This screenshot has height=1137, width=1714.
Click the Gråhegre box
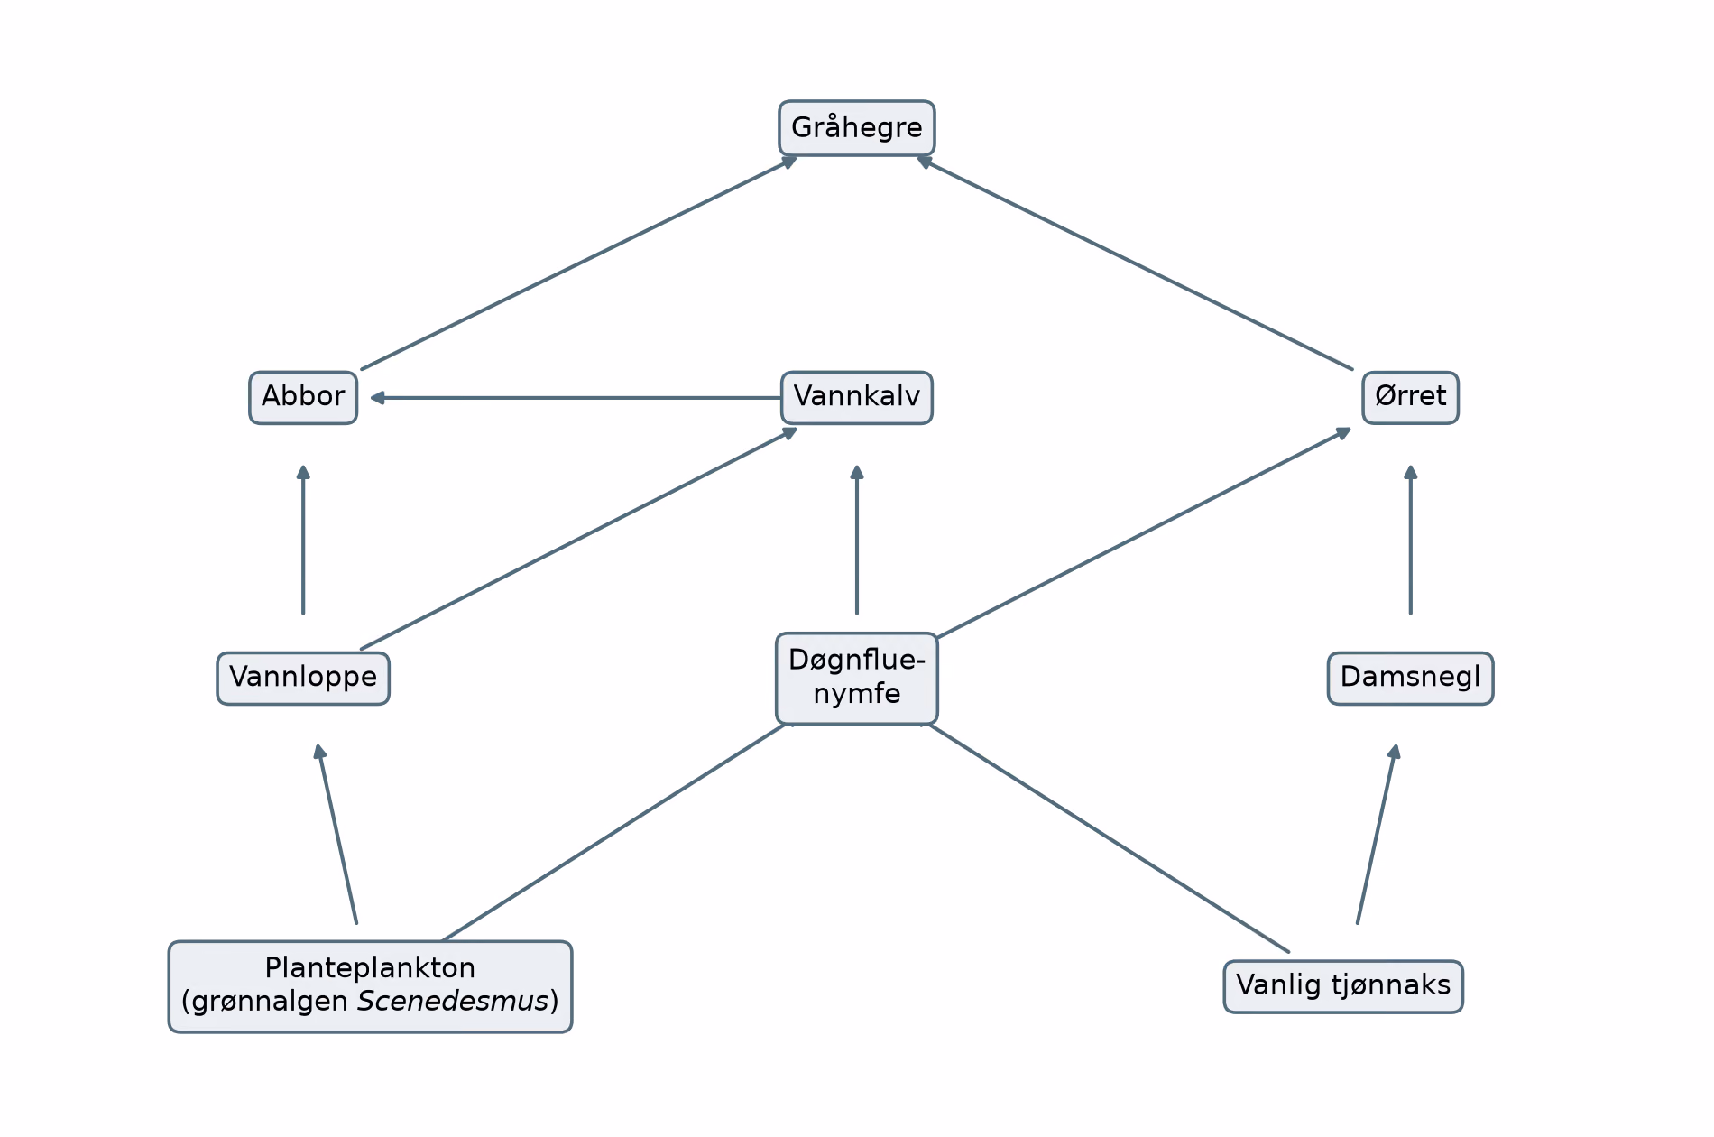[x=856, y=128]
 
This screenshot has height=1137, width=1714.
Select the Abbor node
[x=303, y=397]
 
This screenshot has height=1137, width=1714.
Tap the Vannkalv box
[x=856, y=397]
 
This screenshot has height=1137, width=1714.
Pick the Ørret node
[x=1410, y=397]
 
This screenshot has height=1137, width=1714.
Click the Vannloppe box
[x=303, y=678]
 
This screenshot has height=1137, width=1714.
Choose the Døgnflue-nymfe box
[x=856, y=678]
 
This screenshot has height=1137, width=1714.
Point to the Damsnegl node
[x=1410, y=678]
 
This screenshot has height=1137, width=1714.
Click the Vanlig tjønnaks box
[x=1343, y=986]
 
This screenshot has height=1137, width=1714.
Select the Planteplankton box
[x=370, y=986]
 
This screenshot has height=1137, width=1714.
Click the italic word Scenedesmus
[x=454, y=1002]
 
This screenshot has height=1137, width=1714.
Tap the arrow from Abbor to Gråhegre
[x=579, y=263]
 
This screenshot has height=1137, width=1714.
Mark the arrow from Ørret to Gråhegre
[x=1135, y=263]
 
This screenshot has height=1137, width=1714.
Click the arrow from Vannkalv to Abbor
[x=576, y=397]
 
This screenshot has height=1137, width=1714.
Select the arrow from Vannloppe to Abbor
[x=303, y=540]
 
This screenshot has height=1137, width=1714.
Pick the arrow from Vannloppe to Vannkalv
[x=579, y=538]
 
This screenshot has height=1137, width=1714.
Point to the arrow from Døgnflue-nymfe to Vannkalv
[x=856, y=540]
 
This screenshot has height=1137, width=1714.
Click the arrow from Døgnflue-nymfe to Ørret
[x=1144, y=532]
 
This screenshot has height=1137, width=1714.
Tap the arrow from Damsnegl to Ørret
[x=1410, y=540]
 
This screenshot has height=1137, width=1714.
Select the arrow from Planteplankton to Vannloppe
[x=336, y=834]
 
